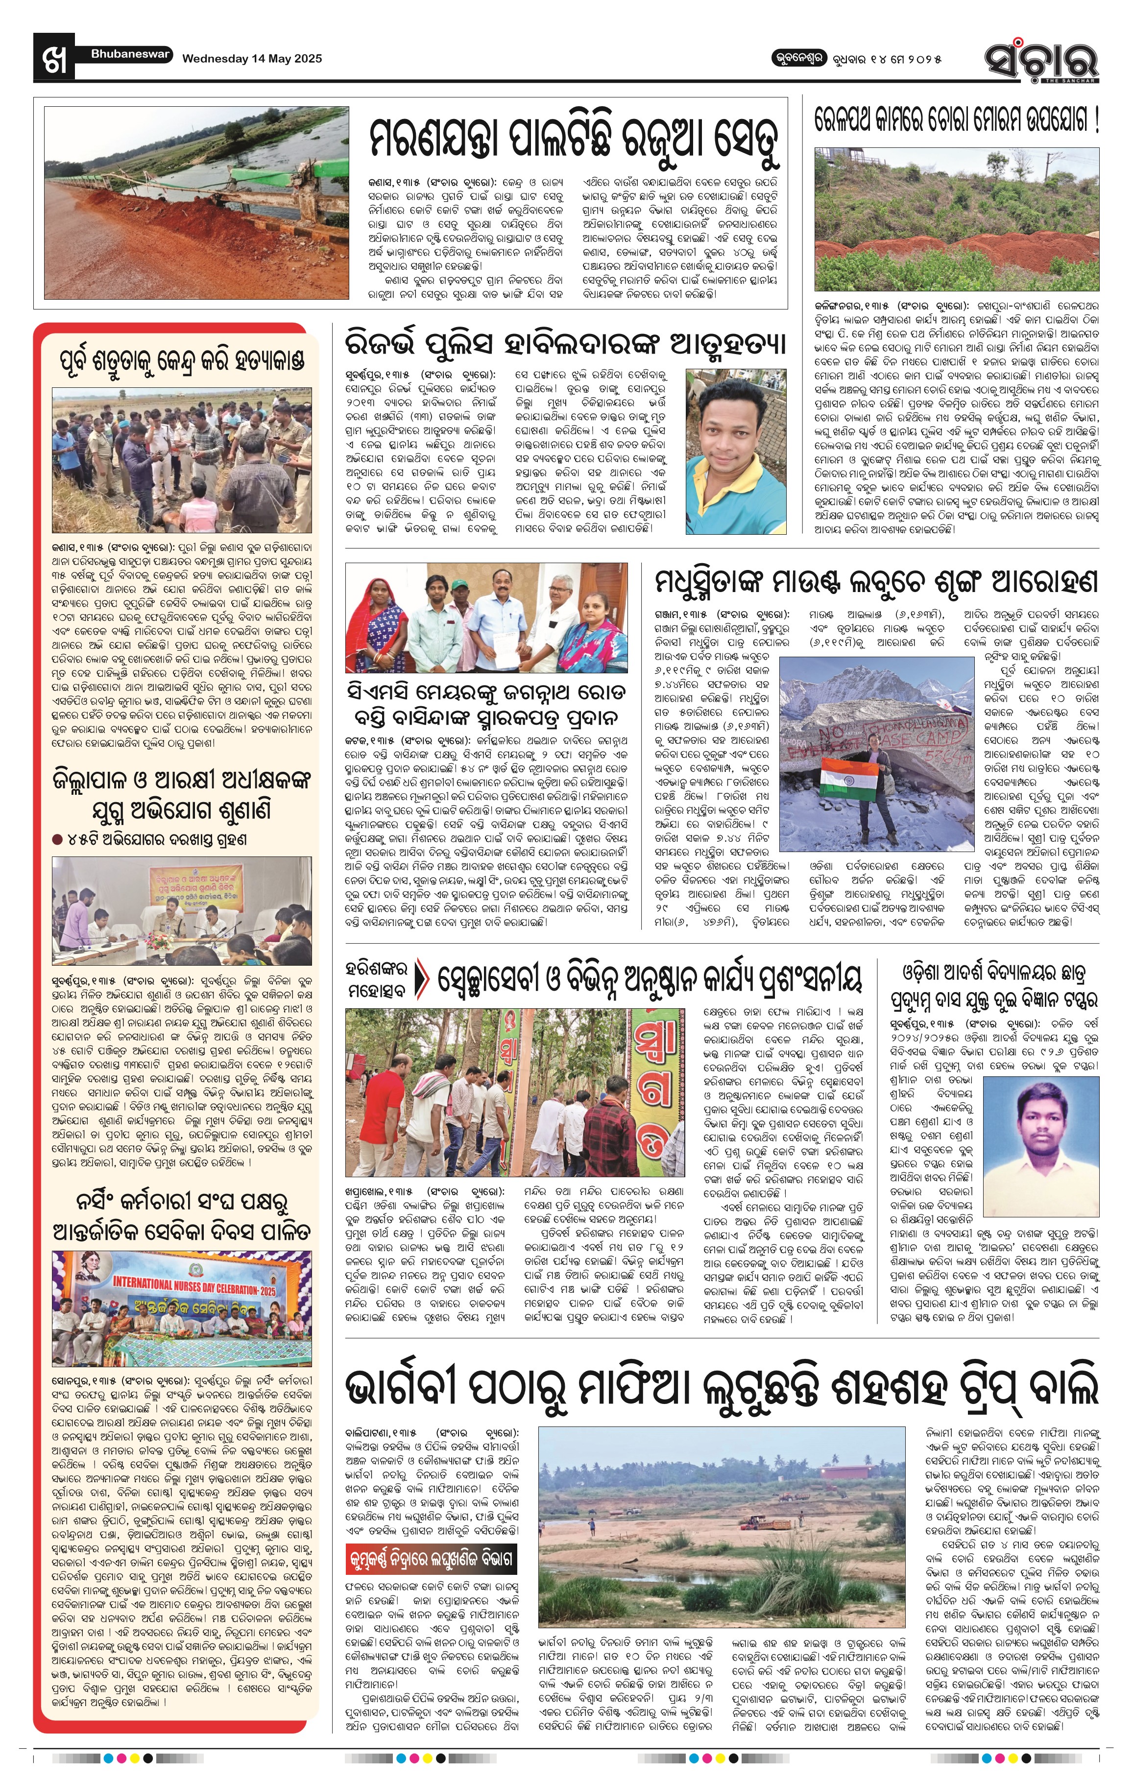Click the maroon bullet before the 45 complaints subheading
pyautogui.click(x=57, y=839)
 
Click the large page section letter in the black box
pyautogui.click(x=54, y=58)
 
